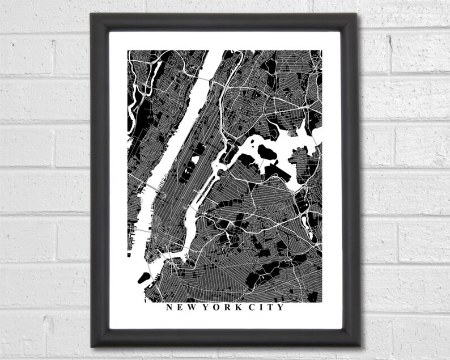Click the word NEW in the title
tap(179, 308)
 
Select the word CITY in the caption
tap(268, 308)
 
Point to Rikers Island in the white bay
tap(265, 152)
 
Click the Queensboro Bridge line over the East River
tap(199, 194)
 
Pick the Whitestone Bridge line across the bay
tap(312, 136)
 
